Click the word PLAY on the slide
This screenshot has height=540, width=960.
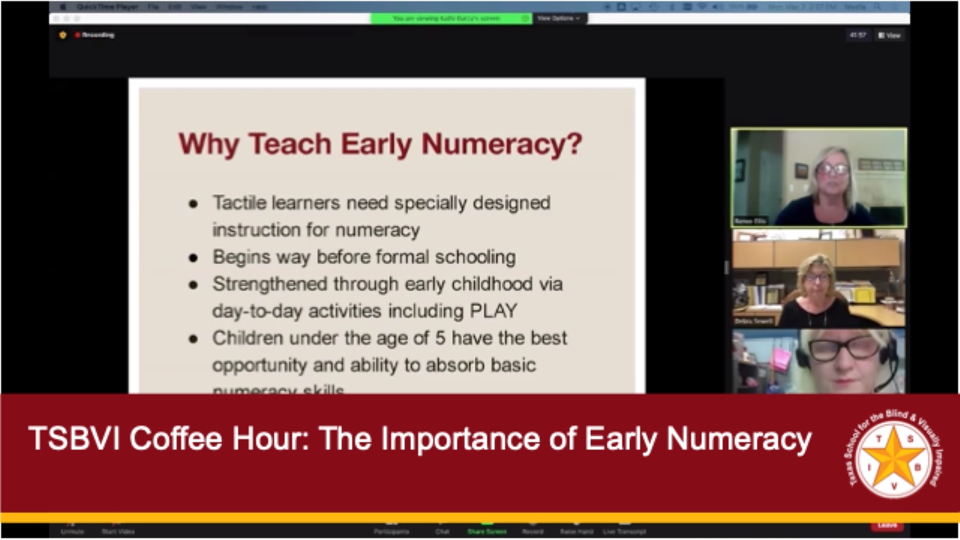[x=491, y=310]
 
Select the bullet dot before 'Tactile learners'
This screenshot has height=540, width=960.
[x=193, y=204]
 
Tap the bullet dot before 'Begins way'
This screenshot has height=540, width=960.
[x=193, y=258]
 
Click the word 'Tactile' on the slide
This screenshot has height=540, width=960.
[x=238, y=202]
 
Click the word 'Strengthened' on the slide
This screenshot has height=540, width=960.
[x=270, y=284]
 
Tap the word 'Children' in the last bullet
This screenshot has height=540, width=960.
[x=245, y=338]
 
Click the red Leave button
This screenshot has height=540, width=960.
[x=886, y=525]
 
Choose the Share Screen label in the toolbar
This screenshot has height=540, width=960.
[x=486, y=532]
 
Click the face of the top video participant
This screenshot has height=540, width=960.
[x=832, y=171]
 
